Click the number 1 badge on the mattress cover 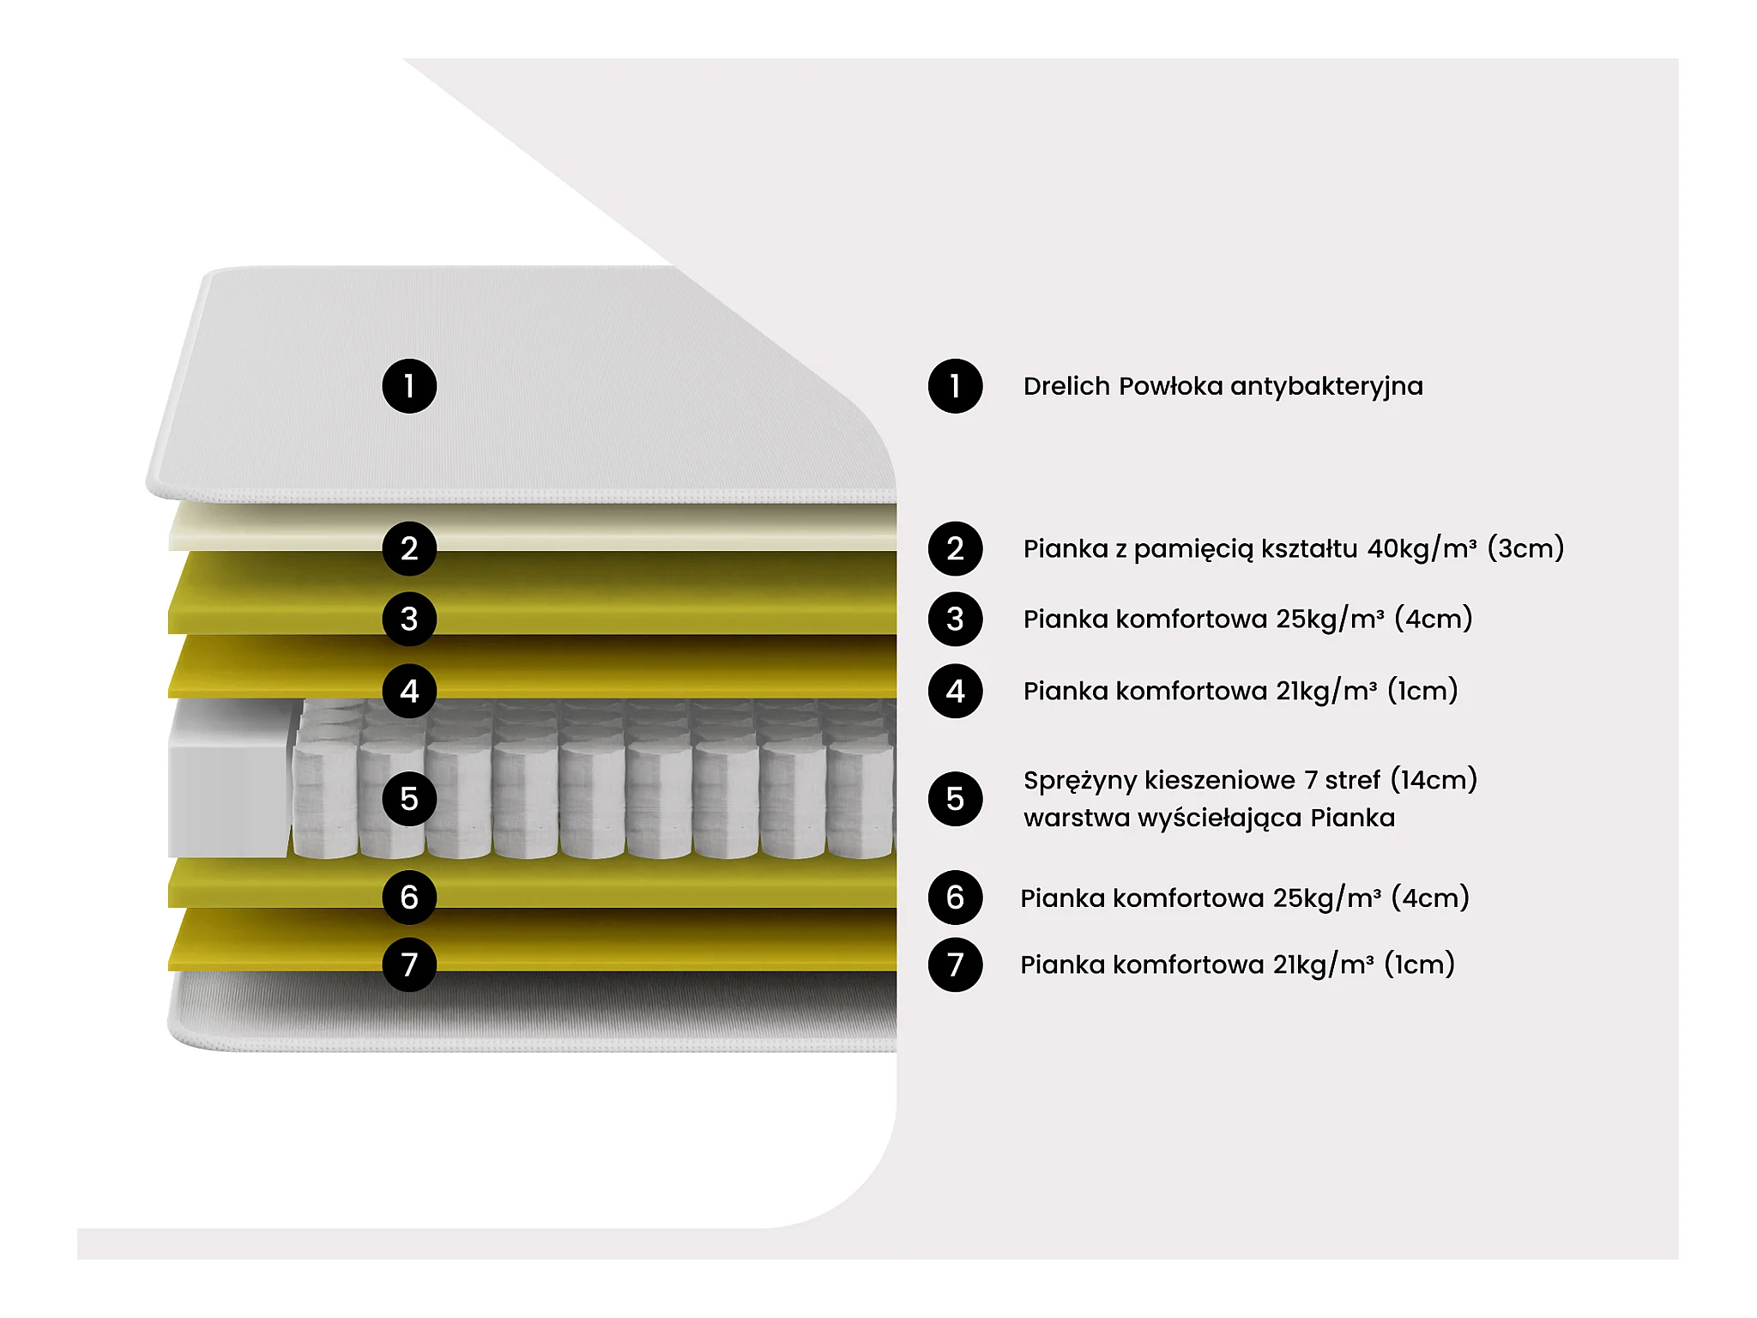409,386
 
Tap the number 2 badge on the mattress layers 409,548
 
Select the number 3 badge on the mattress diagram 409,619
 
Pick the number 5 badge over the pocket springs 409,799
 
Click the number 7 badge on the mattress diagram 409,964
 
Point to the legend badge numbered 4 955,691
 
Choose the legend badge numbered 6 955,898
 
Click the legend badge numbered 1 955,386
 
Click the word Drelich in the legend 1066,386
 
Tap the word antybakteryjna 1326,386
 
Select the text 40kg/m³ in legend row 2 1422,548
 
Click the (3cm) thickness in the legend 1525,548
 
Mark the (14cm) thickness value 1434,780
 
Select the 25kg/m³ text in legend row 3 1330,619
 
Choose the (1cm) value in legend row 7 1419,964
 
